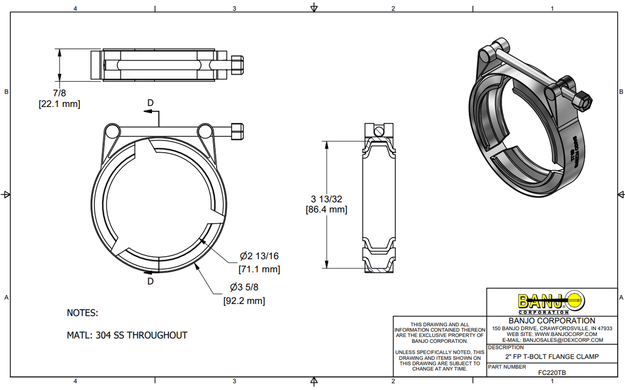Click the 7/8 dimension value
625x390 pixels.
(59, 93)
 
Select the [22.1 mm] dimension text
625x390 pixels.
(59, 104)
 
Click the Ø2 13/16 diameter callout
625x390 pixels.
(259, 256)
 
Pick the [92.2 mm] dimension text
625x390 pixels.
(244, 301)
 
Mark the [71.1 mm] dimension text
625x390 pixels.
(259, 269)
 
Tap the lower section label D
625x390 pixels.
(150, 281)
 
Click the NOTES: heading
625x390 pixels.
(82, 313)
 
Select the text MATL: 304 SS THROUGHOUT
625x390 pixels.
(127, 335)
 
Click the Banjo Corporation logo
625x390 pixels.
(551, 302)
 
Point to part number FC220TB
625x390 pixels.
(551, 373)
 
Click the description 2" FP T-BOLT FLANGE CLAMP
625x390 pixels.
(551, 357)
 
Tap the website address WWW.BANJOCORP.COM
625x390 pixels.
(566, 334)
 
